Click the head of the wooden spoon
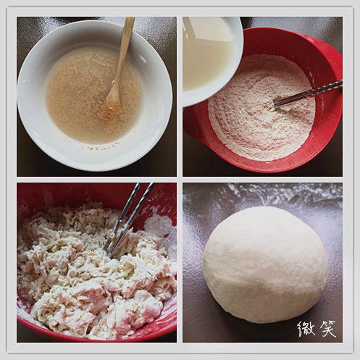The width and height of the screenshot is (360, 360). pyautogui.click(x=112, y=100)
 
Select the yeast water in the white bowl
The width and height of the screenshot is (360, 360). pyautogui.click(x=94, y=94)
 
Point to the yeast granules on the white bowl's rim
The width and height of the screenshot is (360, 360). pyautogui.click(x=103, y=147)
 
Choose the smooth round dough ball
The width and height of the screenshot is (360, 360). pyautogui.click(x=265, y=264)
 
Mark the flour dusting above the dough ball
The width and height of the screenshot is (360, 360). pyautogui.click(x=263, y=193)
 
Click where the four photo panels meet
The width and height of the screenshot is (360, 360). pyautogui.click(x=180, y=180)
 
